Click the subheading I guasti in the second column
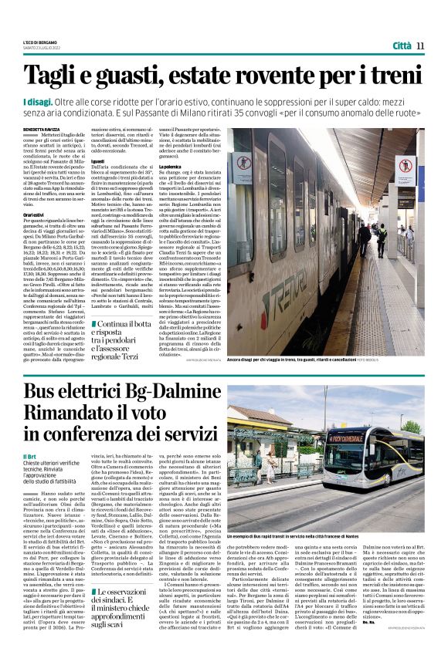tap(98, 182)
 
